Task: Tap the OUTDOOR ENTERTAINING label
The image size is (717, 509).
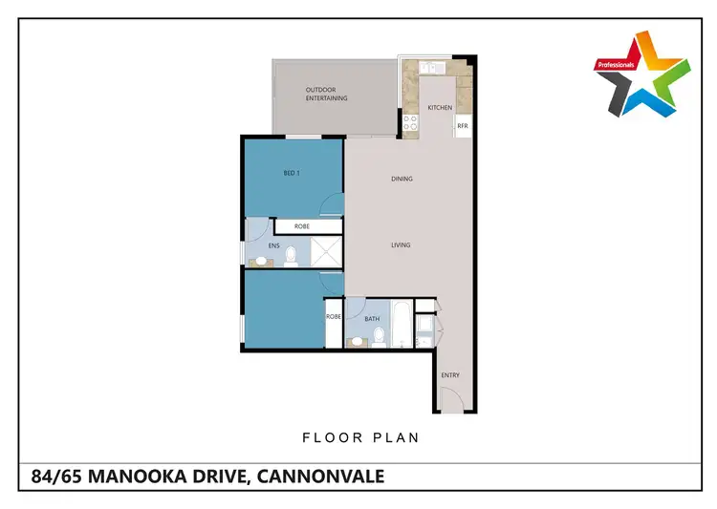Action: (326, 95)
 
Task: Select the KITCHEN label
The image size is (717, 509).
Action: (440, 108)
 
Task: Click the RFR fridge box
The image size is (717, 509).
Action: (463, 125)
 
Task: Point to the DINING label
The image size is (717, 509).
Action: (402, 179)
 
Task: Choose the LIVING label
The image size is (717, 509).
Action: (401, 245)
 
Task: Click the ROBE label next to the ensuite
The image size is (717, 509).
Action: (301, 226)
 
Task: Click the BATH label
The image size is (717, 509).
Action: (372, 319)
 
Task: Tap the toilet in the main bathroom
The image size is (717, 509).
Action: (380, 335)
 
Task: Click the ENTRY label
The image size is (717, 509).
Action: (450, 375)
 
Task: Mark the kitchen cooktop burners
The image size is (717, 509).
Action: (410, 122)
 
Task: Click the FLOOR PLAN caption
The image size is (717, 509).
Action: (360, 438)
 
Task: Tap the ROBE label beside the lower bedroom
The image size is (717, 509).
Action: (334, 316)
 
